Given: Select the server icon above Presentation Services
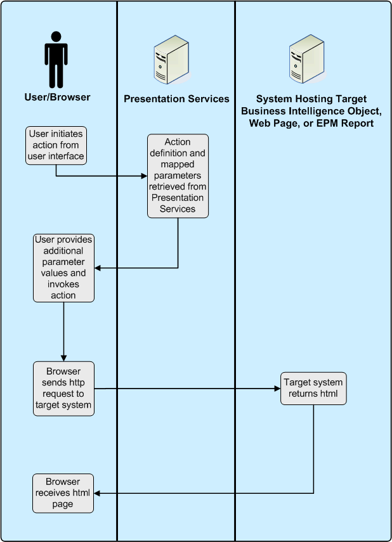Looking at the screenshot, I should pos(171,60).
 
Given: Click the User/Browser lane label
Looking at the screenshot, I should pos(57,97).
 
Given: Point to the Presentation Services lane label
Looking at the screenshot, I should pos(176,99).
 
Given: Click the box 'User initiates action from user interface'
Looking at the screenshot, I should pos(55,145).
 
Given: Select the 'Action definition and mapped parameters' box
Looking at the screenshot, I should pos(178,176).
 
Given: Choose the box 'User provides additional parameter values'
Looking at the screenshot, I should pos(63,268).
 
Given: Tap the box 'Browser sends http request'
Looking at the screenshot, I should pos(63,389).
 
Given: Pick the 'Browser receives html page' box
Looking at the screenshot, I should pos(63,493).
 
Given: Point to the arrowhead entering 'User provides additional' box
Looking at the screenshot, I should pos(98,268).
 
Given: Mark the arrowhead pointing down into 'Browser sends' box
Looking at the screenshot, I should pos(63,358).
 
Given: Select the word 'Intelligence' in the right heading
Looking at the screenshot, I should pos(312,111).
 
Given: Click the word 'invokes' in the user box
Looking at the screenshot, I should pos(63,285).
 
